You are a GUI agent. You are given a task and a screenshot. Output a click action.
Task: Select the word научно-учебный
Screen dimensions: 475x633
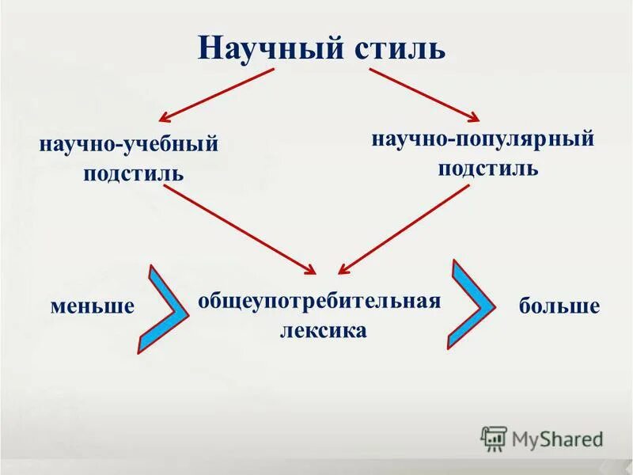tap(128, 145)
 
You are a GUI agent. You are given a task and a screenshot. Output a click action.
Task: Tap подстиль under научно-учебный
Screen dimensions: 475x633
tap(133, 172)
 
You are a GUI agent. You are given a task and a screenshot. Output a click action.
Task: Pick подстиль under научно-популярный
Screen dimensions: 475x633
tap(488, 168)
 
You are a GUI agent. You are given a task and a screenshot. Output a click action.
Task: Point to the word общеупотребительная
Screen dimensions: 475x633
tap(318, 302)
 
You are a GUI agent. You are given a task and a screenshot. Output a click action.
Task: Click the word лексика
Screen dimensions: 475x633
tap(323, 330)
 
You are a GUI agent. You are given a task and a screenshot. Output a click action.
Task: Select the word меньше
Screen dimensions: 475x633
tap(93, 306)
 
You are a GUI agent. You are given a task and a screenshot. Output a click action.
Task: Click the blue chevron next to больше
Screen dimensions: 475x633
tap(472, 303)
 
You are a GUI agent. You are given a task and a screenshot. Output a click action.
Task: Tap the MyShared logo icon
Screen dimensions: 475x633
tap(494, 438)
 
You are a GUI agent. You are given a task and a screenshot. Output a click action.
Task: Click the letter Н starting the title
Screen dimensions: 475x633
tap(208, 47)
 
